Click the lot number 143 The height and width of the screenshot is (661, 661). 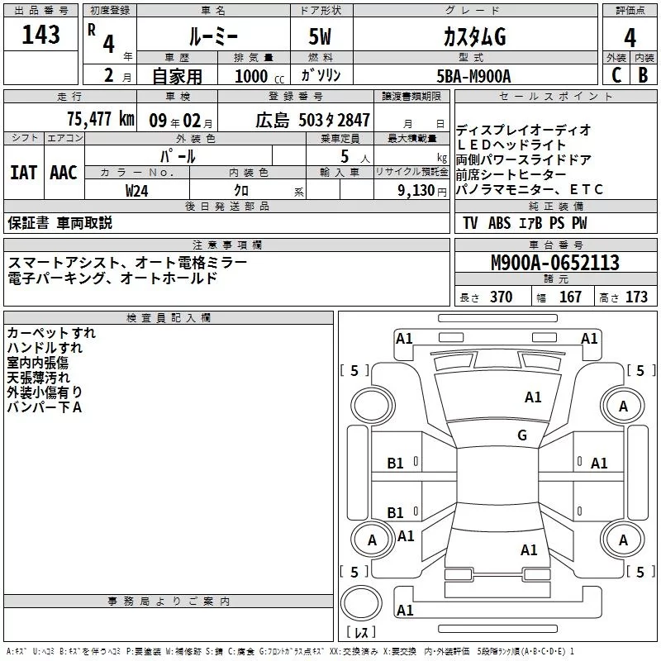41,35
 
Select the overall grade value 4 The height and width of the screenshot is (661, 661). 630,37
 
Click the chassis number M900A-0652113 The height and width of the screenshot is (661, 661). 554,264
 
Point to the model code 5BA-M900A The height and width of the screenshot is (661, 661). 473,75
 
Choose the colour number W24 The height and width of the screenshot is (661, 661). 138,189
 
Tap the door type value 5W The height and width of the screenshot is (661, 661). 320,37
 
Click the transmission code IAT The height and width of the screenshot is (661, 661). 24,172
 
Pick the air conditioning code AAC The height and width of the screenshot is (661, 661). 64,172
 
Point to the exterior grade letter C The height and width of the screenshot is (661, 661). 616,75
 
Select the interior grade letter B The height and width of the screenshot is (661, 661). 644,75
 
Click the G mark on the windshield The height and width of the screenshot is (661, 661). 522,435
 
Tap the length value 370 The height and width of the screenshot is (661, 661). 501,297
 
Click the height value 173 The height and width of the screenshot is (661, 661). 636,297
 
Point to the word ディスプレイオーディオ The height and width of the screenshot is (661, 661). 524,130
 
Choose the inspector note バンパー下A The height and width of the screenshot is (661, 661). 44,407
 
